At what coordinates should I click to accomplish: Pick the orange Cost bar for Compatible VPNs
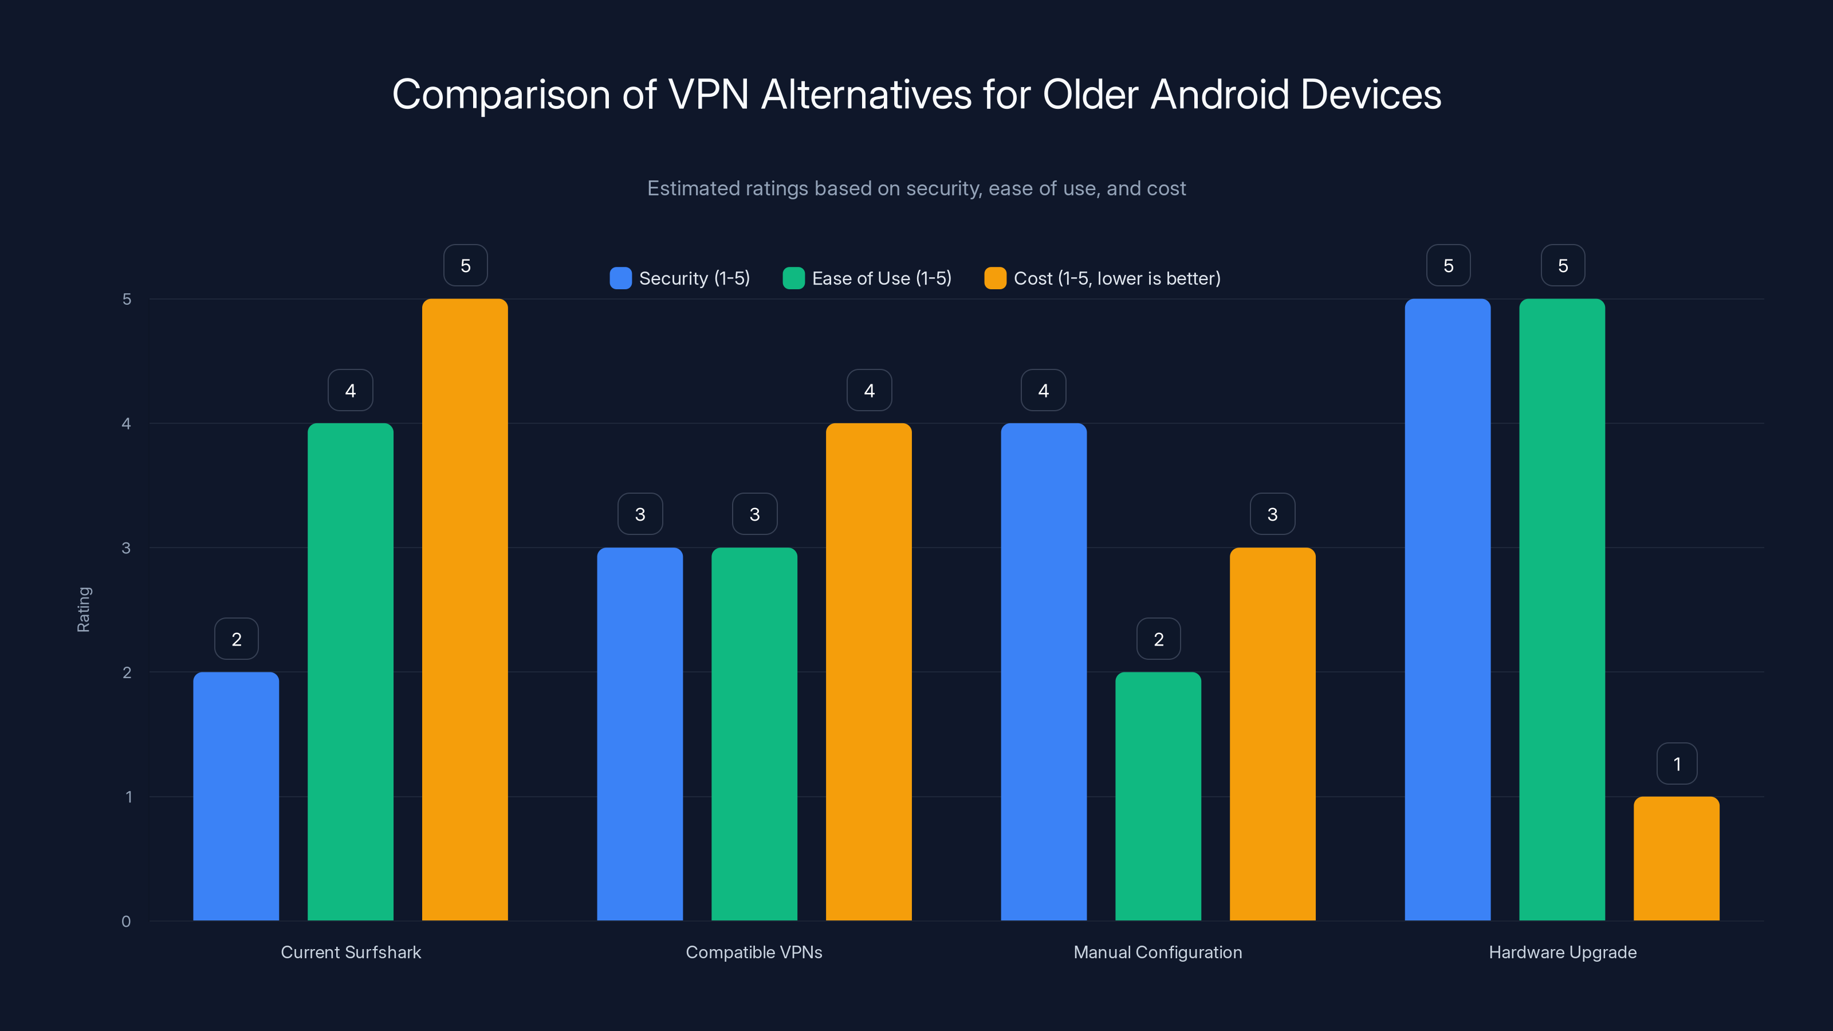(868, 672)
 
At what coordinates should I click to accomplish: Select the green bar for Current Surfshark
(350, 672)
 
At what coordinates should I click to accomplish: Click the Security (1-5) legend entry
(681, 278)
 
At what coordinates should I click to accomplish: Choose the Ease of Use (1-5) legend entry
(867, 278)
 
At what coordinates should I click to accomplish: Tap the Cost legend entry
(1102, 278)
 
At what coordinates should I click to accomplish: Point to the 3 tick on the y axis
(127, 548)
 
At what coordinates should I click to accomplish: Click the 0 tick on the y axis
(127, 922)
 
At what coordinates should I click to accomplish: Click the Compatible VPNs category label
(754, 952)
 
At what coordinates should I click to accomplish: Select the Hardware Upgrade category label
(1562, 952)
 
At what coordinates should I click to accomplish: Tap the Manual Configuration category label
(1157, 952)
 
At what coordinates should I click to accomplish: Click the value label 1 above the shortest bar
(1677, 764)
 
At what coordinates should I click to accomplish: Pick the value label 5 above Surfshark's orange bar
(465, 265)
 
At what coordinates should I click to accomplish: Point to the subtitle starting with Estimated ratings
(916, 188)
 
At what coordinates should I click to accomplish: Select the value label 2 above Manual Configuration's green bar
(1158, 639)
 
